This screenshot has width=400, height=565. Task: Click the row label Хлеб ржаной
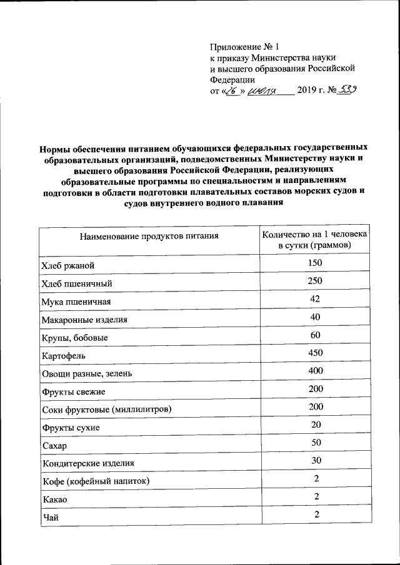coord(67,267)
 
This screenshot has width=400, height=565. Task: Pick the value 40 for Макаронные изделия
coord(314,317)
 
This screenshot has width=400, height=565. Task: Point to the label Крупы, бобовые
coord(74,338)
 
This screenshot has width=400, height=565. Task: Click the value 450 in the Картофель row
coord(314,353)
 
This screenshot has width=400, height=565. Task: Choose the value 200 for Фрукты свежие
coord(314,389)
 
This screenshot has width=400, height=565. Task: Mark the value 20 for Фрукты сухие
coord(314,425)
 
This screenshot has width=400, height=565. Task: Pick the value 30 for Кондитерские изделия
coord(314,461)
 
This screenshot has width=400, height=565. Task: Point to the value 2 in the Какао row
coord(317,496)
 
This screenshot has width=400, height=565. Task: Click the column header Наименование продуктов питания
coord(149,236)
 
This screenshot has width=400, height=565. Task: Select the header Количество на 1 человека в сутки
coord(314,240)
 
